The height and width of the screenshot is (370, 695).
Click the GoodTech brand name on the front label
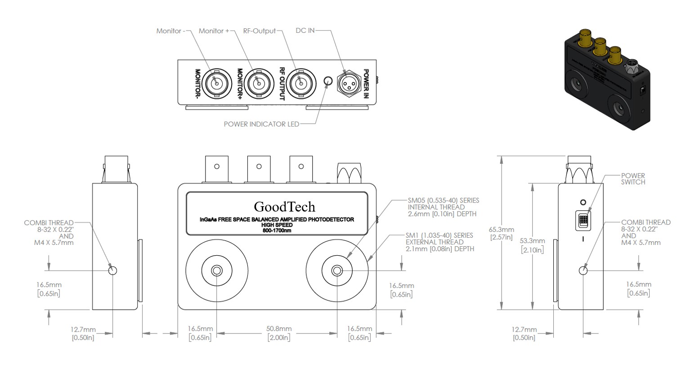[284, 207]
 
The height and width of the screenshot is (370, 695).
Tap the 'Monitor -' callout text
[170, 31]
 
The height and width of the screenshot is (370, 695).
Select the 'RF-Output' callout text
[260, 31]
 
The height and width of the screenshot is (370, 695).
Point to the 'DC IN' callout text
[305, 31]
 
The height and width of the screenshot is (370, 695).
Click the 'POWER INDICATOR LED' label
[261, 124]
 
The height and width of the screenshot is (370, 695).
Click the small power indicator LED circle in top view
[328, 81]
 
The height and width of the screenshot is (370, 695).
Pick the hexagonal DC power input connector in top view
[349, 84]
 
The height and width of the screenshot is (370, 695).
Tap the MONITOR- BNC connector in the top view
[216, 84]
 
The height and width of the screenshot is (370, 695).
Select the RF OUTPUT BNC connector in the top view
[300, 84]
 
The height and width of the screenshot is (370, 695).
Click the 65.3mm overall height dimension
[502, 233]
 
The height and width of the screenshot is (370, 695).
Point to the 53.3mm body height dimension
[533, 245]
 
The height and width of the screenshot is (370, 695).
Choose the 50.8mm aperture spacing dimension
[279, 333]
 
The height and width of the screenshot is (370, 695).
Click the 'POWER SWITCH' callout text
[633, 179]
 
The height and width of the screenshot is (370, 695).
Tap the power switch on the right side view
[583, 221]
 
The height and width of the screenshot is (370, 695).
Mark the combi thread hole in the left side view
[112, 271]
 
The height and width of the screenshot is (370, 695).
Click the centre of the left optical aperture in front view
[217, 271]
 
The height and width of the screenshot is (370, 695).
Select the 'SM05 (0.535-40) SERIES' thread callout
[444, 200]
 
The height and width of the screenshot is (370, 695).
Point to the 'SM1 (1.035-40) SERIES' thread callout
[439, 235]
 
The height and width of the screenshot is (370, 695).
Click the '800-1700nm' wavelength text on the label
[277, 230]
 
